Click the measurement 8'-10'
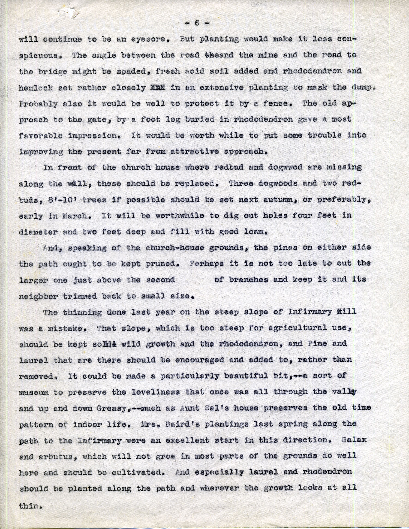point(59,200)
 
